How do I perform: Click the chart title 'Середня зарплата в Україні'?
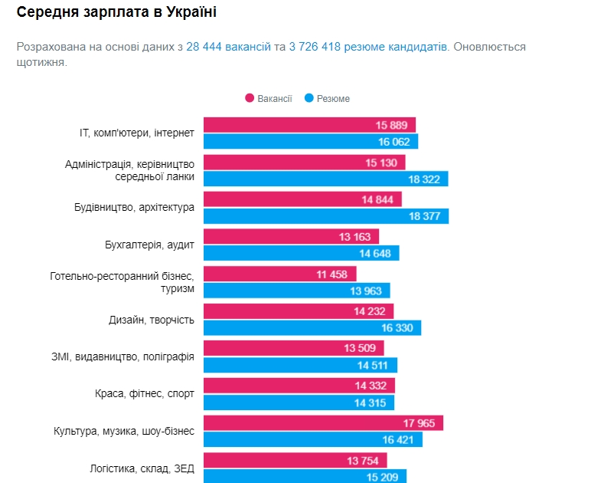[x=116, y=13]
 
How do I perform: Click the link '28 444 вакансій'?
[x=228, y=47]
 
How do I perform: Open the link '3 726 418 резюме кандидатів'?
[x=368, y=47]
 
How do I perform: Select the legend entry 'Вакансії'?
[x=269, y=98]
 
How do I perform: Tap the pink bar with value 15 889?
[x=309, y=125]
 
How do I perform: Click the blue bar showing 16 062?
[x=310, y=142]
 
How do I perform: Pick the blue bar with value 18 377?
[x=325, y=216]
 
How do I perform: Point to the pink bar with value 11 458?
[x=279, y=274]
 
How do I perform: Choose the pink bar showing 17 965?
[x=322, y=423]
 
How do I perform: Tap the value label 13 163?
[x=355, y=237]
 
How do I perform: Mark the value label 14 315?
[x=371, y=403]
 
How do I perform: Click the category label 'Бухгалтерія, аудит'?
[x=149, y=245]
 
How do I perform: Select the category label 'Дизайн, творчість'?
[x=151, y=320]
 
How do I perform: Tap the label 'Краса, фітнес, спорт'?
[x=145, y=394]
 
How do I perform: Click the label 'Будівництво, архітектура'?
[x=134, y=208]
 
